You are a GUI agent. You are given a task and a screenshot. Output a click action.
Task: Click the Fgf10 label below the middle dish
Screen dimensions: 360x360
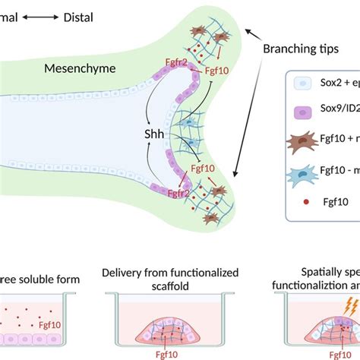coord(165,352)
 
